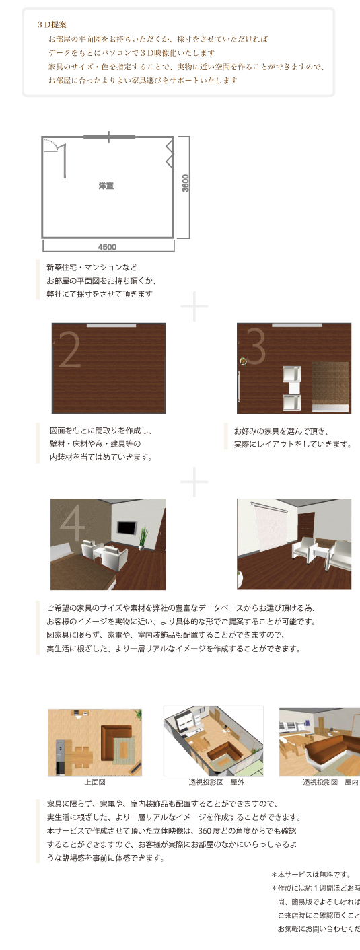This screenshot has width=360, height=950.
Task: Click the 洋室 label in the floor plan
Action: [106, 186]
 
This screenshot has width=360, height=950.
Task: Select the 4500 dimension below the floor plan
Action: [107, 246]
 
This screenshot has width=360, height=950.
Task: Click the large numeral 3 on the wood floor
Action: [257, 347]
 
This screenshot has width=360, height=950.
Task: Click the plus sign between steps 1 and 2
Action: [194, 307]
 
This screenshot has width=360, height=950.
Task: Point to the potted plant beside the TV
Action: [143, 536]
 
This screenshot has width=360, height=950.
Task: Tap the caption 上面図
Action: [95, 782]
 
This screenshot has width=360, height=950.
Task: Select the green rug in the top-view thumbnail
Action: [124, 747]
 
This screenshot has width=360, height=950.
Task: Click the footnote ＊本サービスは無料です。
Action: [311, 875]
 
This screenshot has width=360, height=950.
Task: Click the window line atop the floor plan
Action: [108, 137]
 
